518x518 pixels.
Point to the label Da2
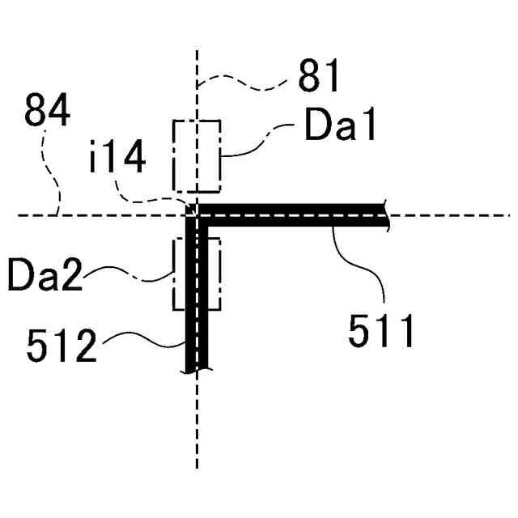point(45,276)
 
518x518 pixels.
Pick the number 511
point(381,330)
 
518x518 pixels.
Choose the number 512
point(62,347)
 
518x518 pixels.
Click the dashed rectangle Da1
point(197,156)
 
